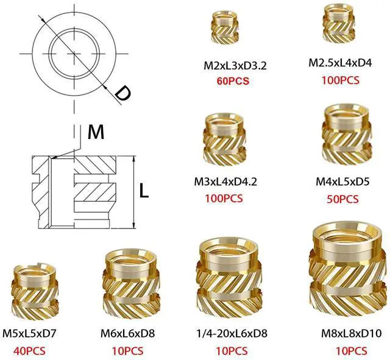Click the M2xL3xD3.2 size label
click(235, 66)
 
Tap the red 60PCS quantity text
click(233, 81)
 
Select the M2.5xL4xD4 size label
click(340, 63)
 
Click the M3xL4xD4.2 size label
click(225, 182)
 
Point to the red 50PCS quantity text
click(342, 199)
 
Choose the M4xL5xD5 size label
click(342, 182)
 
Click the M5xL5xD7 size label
click(29, 333)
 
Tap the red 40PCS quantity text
click(29, 351)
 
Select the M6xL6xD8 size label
click(127, 333)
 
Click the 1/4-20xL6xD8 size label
click(232, 333)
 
